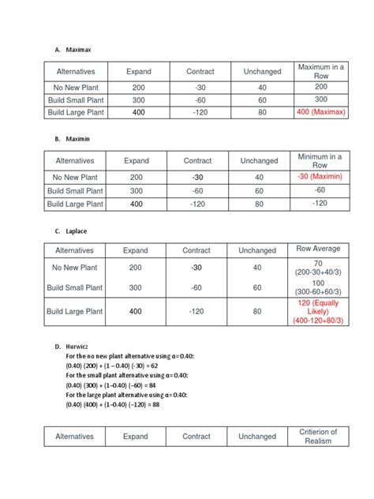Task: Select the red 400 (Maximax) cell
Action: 320,114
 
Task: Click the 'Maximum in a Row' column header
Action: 320,72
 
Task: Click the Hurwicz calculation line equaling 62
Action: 113,366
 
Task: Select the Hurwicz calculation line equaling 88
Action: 113,404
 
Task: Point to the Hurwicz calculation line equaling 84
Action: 113,385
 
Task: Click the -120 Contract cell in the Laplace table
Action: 196,312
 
